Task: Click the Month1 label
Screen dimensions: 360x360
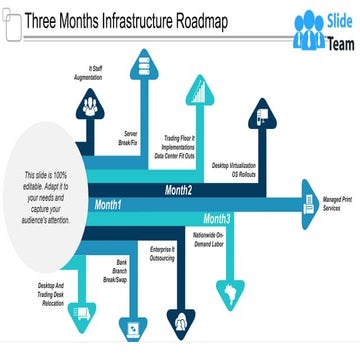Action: [x=108, y=205]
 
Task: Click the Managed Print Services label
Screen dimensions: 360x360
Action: [x=339, y=204]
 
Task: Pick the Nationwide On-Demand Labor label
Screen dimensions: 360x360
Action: [x=208, y=239]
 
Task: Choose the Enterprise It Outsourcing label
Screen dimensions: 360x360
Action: [x=163, y=254]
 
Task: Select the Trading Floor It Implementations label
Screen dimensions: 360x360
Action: [x=180, y=148]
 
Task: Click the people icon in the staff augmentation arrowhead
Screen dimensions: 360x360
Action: [x=90, y=102]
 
